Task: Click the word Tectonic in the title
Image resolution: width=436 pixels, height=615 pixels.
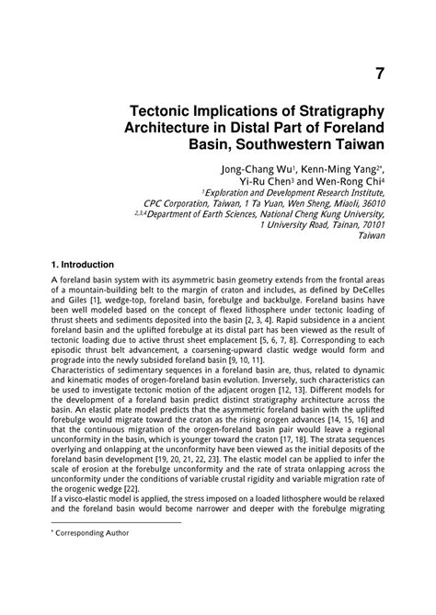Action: point(168,109)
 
